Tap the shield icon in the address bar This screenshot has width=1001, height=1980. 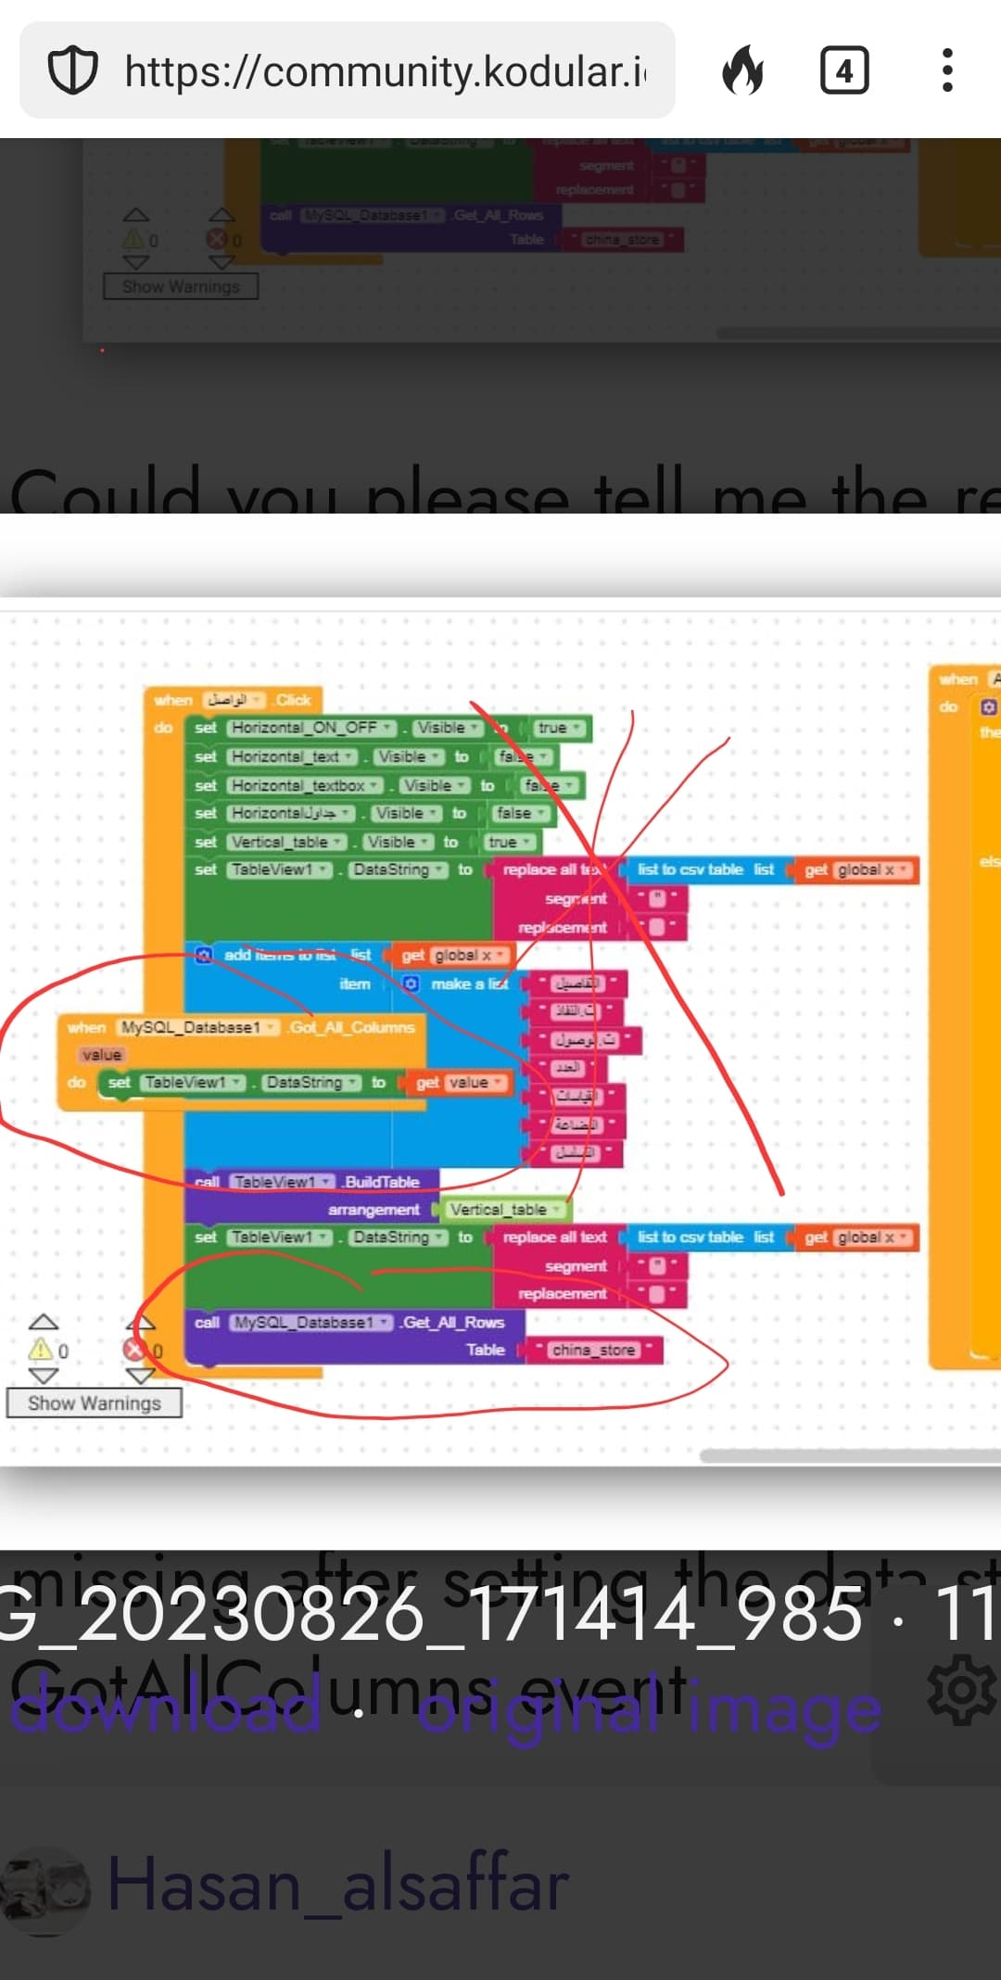tap(72, 71)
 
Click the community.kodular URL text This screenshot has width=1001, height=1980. tap(385, 71)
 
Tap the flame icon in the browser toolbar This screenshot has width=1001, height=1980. tap(743, 71)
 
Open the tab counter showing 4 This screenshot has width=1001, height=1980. tap(844, 71)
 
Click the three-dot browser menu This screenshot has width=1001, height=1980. tap(946, 71)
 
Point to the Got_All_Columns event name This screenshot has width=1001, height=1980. tap(351, 1027)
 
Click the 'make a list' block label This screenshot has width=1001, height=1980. tap(468, 984)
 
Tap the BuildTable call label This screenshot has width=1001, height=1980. tap(381, 1182)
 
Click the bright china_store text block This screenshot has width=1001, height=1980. tap(593, 1351)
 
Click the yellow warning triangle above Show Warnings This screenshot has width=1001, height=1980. tap(41, 1350)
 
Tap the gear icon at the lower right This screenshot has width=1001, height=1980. tap(961, 1689)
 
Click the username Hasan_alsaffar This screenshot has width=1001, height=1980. tap(338, 1884)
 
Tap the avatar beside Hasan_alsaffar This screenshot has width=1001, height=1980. tap(44, 1887)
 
